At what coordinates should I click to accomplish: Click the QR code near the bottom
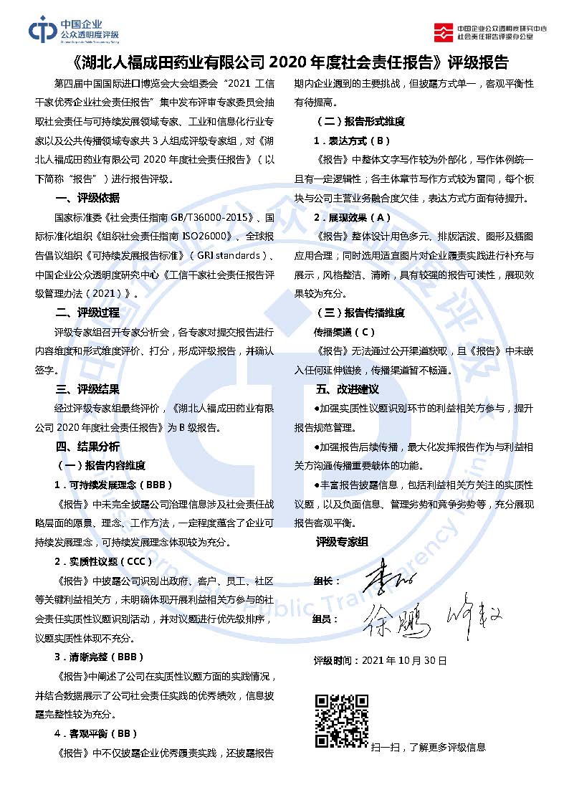342,720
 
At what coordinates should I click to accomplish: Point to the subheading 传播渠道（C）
344,332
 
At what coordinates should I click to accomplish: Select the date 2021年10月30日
405,659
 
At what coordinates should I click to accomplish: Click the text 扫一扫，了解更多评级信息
429,747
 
